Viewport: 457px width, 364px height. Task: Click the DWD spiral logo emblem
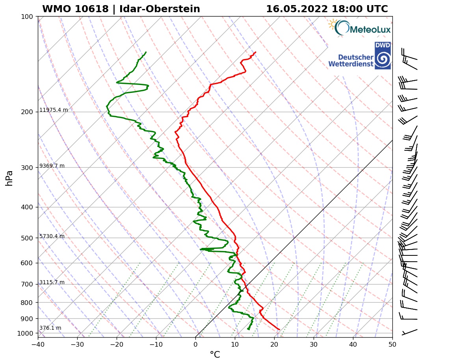click(383, 59)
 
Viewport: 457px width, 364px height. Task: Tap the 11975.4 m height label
click(54, 110)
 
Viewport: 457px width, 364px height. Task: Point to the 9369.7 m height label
click(52, 166)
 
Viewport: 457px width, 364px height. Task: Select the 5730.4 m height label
click(52, 237)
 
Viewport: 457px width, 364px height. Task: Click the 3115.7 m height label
click(52, 283)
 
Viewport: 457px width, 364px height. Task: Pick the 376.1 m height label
click(50, 328)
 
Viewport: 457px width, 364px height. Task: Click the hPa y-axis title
click(9, 178)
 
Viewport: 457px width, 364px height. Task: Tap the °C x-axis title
click(215, 355)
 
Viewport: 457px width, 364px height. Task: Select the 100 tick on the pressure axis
click(27, 17)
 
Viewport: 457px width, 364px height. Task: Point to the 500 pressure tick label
click(27, 238)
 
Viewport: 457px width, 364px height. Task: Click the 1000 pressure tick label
click(26, 334)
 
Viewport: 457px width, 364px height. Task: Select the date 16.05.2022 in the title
click(296, 9)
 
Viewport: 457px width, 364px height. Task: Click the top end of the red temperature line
click(255, 52)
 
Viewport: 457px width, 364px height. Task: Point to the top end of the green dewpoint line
click(146, 52)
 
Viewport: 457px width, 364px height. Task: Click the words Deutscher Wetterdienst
click(351, 60)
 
